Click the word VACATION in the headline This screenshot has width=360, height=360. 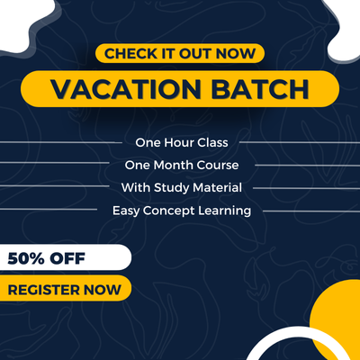126,89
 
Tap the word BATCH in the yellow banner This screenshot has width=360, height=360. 260,89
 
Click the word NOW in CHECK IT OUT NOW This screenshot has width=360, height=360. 236,54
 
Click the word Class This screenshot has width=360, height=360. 212,142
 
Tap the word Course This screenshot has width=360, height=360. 218,165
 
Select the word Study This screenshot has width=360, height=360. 172,188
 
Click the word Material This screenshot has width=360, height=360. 217,187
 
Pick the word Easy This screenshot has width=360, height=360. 126,211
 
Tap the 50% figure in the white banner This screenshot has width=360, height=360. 26,258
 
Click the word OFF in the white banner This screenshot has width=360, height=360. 67,258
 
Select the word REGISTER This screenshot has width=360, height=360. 44,290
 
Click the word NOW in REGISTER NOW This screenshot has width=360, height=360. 103,290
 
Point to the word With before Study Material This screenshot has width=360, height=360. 136,187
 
